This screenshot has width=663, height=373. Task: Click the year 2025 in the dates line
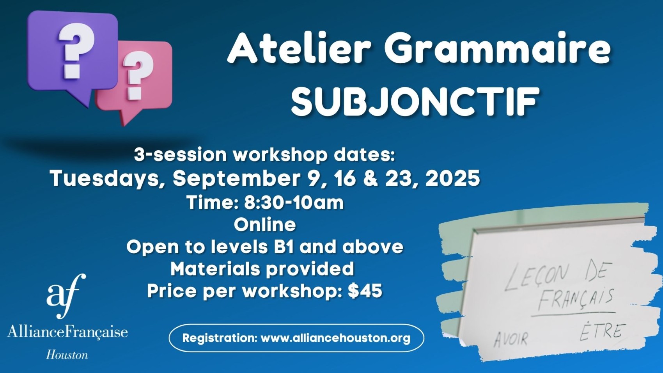452,178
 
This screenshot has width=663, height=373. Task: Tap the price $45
365,291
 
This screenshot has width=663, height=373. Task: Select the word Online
265,225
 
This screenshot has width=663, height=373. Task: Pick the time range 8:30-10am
294,203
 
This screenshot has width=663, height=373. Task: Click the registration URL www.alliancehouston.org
335,338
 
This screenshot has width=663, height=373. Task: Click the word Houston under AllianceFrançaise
67,355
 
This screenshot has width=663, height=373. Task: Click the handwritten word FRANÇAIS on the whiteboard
576,298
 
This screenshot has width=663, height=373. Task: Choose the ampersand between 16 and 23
372,178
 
